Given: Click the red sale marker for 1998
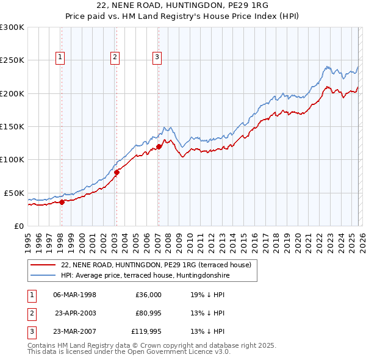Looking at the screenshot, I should click(62, 202).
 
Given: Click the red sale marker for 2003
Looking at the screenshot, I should click(117, 172).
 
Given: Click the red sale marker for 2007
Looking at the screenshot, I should click(159, 146).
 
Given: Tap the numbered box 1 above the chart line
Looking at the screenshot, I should click(60, 58).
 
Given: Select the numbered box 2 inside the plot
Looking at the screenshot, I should click(115, 58).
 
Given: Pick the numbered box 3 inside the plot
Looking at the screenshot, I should click(157, 58).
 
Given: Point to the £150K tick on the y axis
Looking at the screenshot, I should click(12, 126).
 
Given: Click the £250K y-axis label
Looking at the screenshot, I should click(12, 60).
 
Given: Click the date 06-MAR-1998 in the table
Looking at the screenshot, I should click(74, 295).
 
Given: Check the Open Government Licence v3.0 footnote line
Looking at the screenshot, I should click(129, 352).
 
